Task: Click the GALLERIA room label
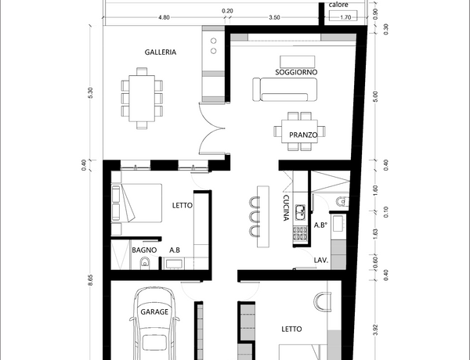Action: tap(161, 52)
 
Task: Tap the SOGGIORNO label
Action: tap(296, 72)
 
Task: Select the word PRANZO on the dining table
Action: tap(303, 135)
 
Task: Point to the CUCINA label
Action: tap(286, 208)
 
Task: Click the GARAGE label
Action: tap(154, 312)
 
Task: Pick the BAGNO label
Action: tap(144, 250)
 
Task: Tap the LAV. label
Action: tap(321, 261)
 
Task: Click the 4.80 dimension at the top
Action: tap(164, 17)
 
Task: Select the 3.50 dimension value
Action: tap(274, 17)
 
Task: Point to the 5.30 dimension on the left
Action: tap(91, 92)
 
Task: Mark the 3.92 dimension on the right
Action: tap(377, 329)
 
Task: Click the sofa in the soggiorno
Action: tap(284, 89)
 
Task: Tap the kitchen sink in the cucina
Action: tap(300, 212)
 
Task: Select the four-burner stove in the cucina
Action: tap(300, 234)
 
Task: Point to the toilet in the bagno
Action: tap(144, 263)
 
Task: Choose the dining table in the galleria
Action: tap(142, 99)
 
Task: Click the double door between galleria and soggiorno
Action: tap(212, 128)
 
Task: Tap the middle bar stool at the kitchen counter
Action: tap(255, 216)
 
